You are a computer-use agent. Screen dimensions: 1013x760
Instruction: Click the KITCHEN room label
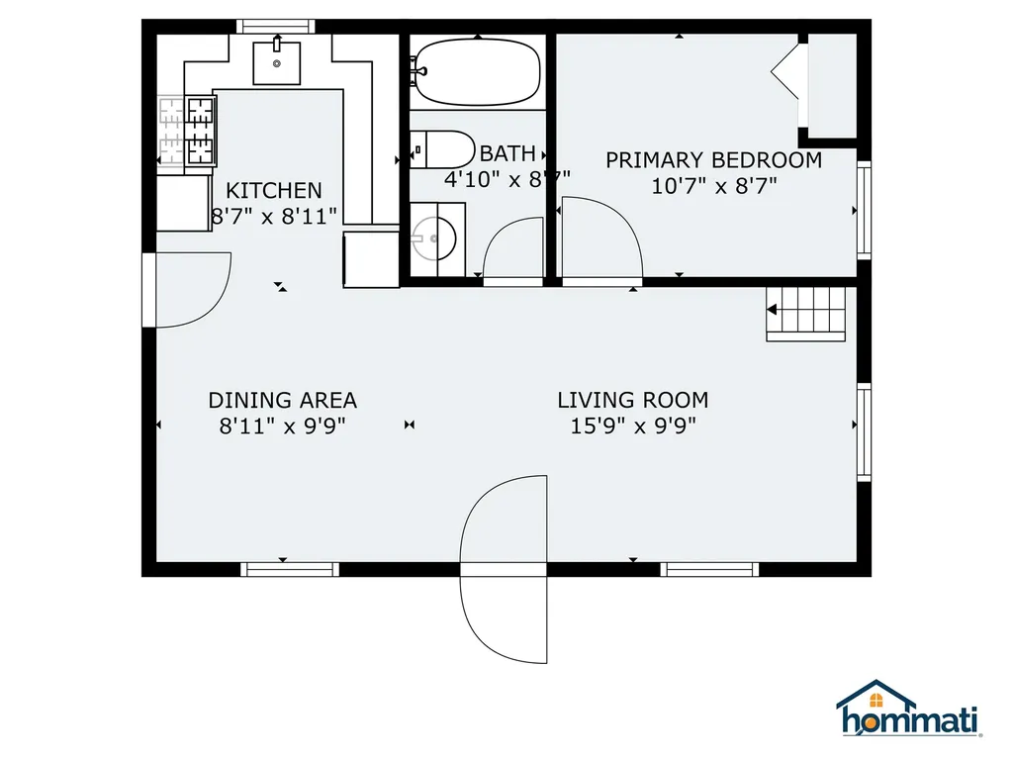click(x=274, y=191)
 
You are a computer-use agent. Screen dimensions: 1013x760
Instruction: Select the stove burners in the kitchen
click(x=187, y=129)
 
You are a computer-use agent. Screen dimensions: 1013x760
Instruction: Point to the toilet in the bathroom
click(x=444, y=149)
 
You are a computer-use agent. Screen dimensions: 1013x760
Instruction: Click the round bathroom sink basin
click(x=435, y=238)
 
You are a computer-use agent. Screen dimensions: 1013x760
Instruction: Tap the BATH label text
click(x=507, y=154)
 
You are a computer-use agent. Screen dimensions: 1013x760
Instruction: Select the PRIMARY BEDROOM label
click(x=713, y=160)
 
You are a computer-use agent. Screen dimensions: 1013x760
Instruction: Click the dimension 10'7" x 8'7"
click(x=713, y=185)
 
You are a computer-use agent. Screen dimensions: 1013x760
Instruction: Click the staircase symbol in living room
click(x=807, y=313)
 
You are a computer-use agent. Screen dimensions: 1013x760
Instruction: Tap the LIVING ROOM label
click(x=633, y=401)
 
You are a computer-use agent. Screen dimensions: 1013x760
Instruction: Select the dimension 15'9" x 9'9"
click(x=633, y=426)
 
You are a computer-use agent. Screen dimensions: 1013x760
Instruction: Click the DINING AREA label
click(x=282, y=401)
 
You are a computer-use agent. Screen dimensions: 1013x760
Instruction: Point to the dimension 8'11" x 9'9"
click(x=282, y=426)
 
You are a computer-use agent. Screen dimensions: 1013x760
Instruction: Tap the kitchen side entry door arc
click(x=193, y=289)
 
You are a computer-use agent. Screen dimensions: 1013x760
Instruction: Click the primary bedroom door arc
click(x=601, y=237)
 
